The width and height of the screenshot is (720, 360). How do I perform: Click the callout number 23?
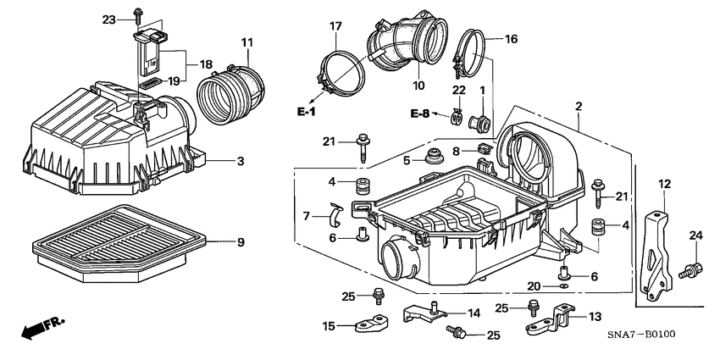[x=109, y=19]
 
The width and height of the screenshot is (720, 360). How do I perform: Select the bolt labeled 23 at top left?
[x=136, y=15]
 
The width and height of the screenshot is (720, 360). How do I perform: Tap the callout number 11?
[x=246, y=42]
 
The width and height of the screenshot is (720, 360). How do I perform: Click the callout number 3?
[x=241, y=161]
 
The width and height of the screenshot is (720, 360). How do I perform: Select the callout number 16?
[x=511, y=39]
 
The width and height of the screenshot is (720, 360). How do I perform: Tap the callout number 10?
[x=418, y=86]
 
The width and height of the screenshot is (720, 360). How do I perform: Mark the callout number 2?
[x=578, y=106]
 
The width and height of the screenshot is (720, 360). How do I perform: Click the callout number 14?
[x=474, y=313]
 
